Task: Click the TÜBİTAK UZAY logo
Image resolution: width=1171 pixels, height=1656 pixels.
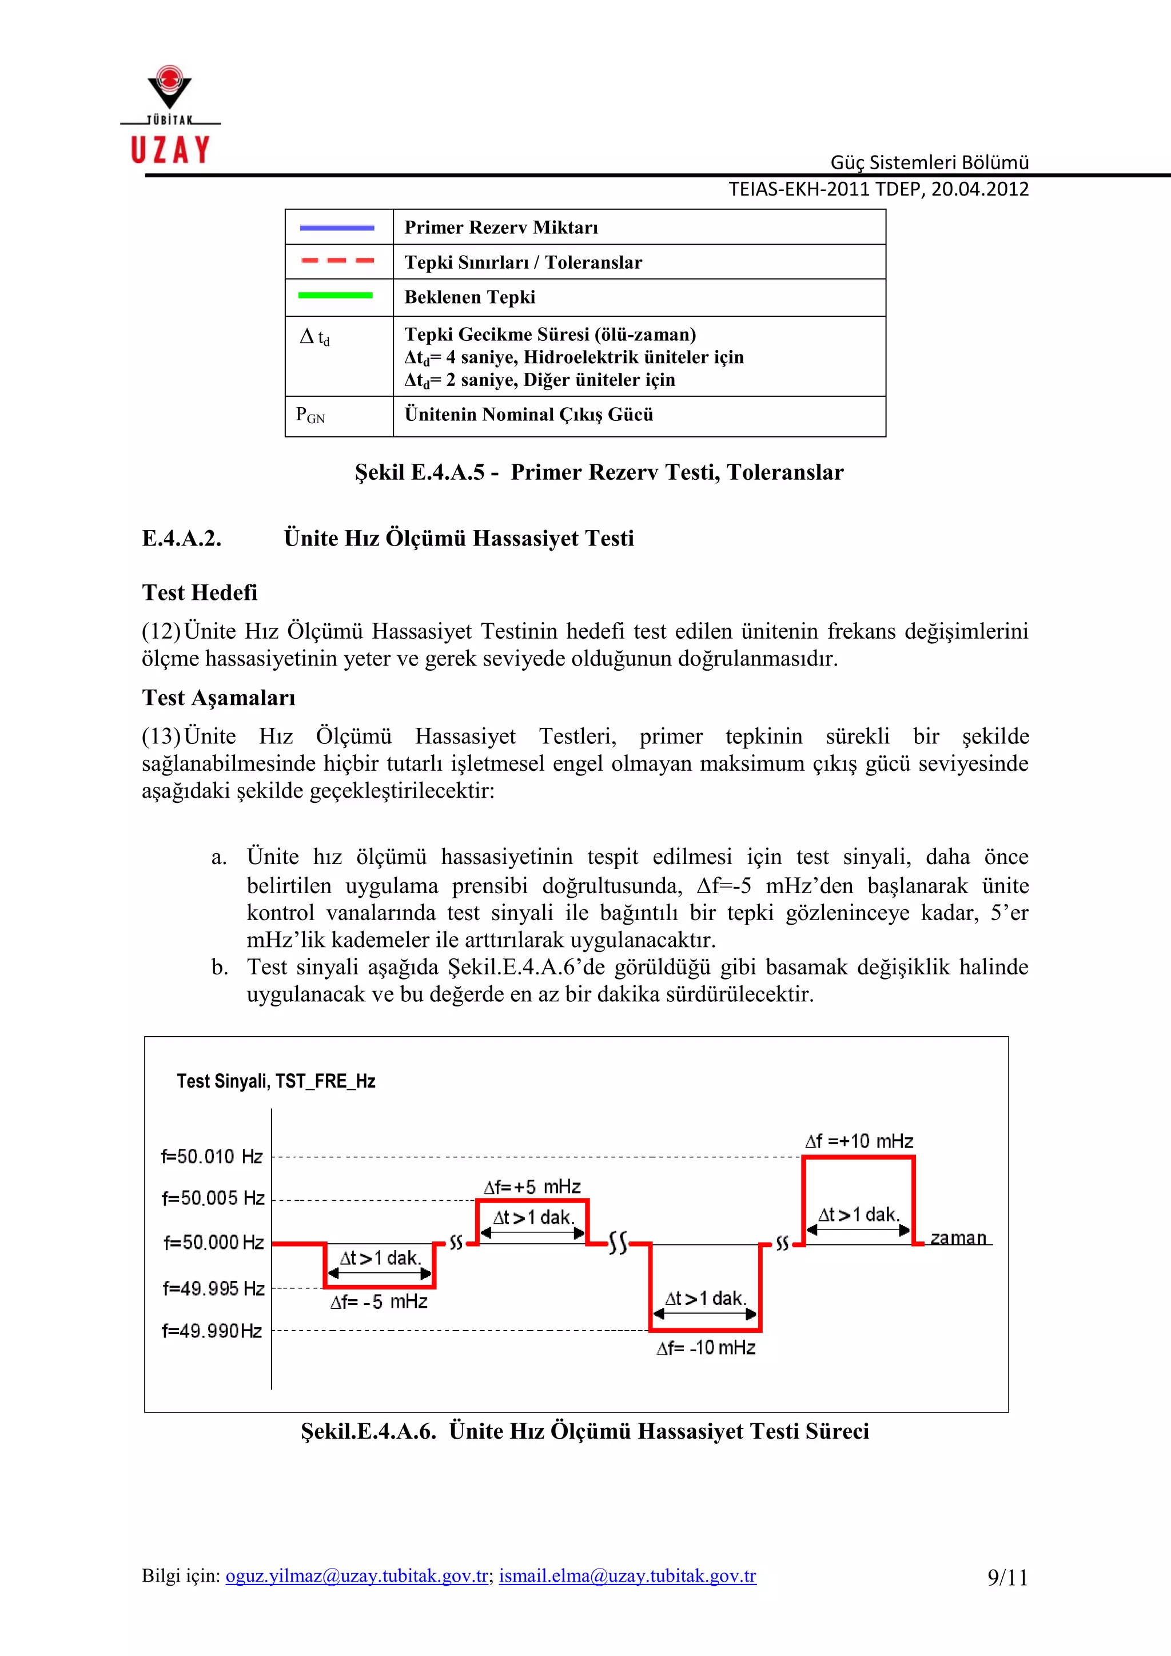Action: (x=170, y=116)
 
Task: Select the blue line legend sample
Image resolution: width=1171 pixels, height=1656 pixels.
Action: (x=337, y=228)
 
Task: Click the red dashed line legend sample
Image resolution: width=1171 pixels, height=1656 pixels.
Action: (x=337, y=261)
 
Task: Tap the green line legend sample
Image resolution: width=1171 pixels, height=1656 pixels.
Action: (x=335, y=295)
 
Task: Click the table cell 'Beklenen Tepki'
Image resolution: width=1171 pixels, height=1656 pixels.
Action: (x=470, y=297)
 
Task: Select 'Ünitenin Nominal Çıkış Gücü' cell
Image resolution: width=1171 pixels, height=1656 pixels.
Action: (x=528, y=415)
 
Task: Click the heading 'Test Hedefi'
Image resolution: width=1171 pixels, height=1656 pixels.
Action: (x=200, y=593)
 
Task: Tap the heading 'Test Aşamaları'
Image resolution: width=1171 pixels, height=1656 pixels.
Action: (x=218, y=698)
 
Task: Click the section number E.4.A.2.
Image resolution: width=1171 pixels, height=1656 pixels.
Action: (x=182, y=539)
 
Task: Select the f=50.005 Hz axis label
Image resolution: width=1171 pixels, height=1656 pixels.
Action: (x=213, y=1199)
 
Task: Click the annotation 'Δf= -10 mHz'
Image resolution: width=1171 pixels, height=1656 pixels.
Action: (x=706, y=1348)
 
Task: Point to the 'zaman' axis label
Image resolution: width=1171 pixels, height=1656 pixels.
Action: (x=958, y=1239)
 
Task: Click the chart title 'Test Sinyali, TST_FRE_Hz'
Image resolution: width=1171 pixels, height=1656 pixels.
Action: (x=276, y=1081)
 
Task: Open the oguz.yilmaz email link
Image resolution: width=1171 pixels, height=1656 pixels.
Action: (x=357, y=1576)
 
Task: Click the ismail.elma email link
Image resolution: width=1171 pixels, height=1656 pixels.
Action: (x=627, y=1576)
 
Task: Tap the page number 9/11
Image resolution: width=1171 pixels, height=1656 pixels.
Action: (x=1007, y=1578)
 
